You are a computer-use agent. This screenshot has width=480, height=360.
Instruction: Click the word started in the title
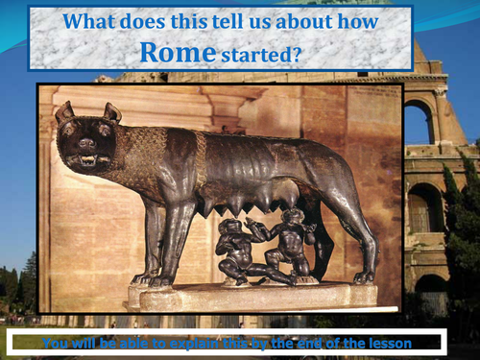pyautogui.click(x=257, y=55)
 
